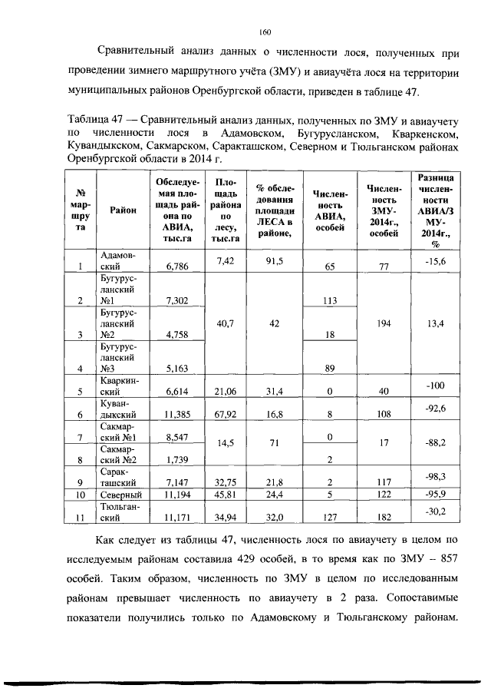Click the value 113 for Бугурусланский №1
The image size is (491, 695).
coord(331,301)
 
